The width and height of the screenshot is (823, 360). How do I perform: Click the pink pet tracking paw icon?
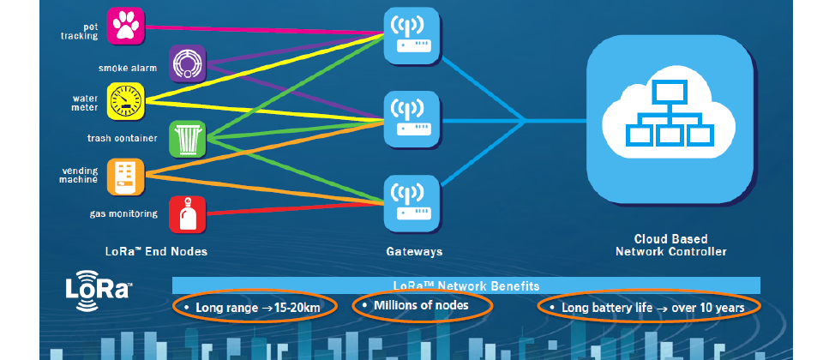point(127,26)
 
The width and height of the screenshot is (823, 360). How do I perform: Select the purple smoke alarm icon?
point(187,63)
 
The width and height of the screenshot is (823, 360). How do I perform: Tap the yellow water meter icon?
point(127,101)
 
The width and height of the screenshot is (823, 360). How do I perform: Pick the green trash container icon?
point(187,138)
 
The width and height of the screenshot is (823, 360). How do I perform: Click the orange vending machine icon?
point(127,176)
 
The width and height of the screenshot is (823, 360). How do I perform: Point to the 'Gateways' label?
point(413,251)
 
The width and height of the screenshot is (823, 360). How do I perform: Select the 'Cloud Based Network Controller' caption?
point(670,246)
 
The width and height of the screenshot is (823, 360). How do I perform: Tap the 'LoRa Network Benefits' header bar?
point(466,285)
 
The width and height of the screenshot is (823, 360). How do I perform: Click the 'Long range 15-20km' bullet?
point(253,307)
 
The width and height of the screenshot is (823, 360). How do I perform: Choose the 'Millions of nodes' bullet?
point(423,305)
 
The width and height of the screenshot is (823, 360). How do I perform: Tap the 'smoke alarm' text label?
point(128,67)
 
